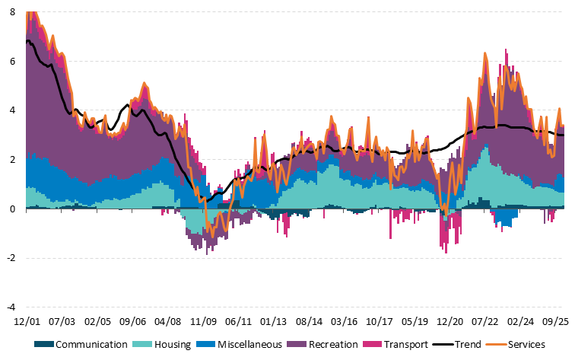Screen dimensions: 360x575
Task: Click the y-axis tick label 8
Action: tap(11, 12)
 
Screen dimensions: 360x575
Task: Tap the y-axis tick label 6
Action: tap(11, 62)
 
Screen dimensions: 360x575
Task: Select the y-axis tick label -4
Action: tap(10, 307)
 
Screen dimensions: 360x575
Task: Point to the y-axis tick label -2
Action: tap(10, 258)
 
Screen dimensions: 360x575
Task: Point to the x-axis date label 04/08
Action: tap(168, 322)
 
